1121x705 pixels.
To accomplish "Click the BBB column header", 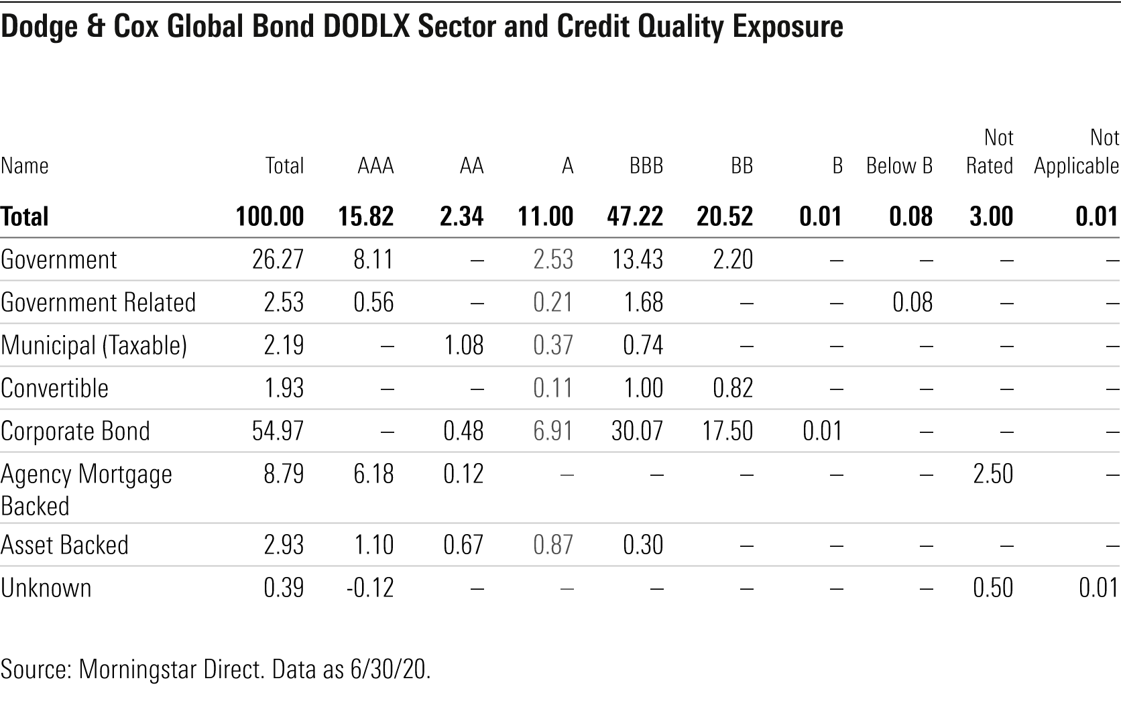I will [646, 166].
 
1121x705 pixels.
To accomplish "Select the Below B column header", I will [899, 166].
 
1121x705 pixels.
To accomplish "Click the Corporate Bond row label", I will [75, 431].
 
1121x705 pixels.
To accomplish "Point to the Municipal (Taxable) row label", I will [93, 345].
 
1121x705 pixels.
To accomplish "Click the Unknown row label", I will [46, 588].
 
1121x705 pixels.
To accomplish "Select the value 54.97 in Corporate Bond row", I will [278, 431].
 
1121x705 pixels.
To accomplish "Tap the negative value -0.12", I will [369, 588].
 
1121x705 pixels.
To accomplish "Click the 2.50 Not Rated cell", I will [992, 474].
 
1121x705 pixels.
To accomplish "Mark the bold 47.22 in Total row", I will [634, 216].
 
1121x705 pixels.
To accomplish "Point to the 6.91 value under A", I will [553, 431].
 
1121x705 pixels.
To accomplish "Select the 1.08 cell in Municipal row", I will [463, 345].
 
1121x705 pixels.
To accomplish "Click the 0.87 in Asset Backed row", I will [553, 545].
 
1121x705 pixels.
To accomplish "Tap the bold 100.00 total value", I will [270, 216].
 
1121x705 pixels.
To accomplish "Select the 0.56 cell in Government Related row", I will [373, 302].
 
